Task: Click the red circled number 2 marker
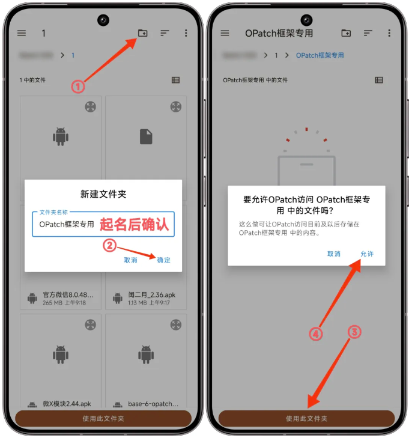click(x=109, y=245)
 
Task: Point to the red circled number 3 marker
click(x=355, y=332)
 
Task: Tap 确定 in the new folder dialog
click(x=164, y=260)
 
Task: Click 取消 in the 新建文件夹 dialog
click(x=130, y=260)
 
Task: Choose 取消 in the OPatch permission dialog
click(x=334, y=254)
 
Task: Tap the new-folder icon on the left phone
click(x=142, y=33)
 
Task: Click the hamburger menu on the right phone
click(x=225, y=33)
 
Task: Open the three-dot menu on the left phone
click(x=186, y=33)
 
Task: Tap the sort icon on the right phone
click(x=368, y=33)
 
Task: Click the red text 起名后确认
click(x=135, y=224)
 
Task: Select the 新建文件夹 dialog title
click(x=103, y=194)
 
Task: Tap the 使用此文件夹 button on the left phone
click(x=103, y=418)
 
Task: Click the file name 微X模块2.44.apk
click(x=67, y=404)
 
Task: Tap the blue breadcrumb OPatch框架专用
click(x=320, y=55)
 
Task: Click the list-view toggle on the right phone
click(x=379, y=80)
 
